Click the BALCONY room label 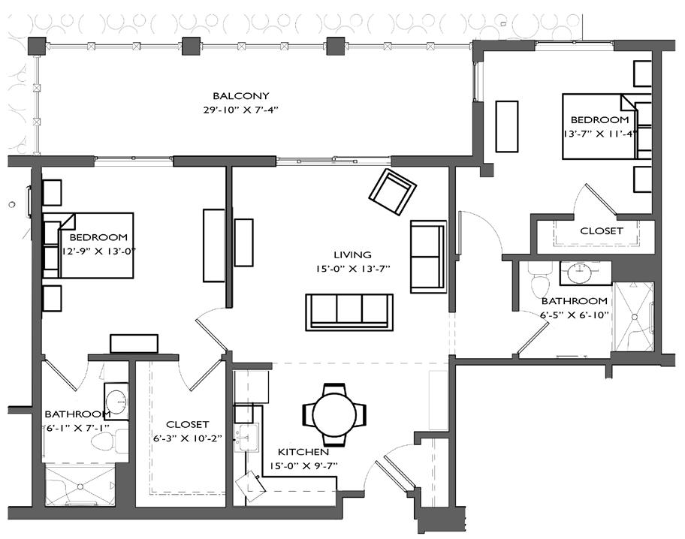(x=240, y=95)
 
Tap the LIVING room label (x=352, y=254)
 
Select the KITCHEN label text (x=303, y=452)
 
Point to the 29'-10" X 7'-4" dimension (x=240, y=110)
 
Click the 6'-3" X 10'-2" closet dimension (x=188, y=438)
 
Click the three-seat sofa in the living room (x=349, y=312)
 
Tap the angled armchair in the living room (x=392, y=191)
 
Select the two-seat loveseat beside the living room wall (x=428, y=257)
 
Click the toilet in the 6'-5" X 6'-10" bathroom (x=539, y=282)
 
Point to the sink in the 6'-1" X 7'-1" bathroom (x=116, y=399)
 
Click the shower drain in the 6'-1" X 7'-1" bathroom (x=80, y=486)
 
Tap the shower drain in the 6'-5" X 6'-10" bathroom (x=635, y=317)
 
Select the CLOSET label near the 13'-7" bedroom (x=601, y=230)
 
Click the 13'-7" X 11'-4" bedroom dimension (x=599, y=134)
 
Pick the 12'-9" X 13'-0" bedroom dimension (x=98, y=251)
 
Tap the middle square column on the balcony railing (x=191, y=46)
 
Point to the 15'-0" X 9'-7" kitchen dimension (x=303, y=465)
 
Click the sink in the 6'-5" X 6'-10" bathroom (x=580, y=273)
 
